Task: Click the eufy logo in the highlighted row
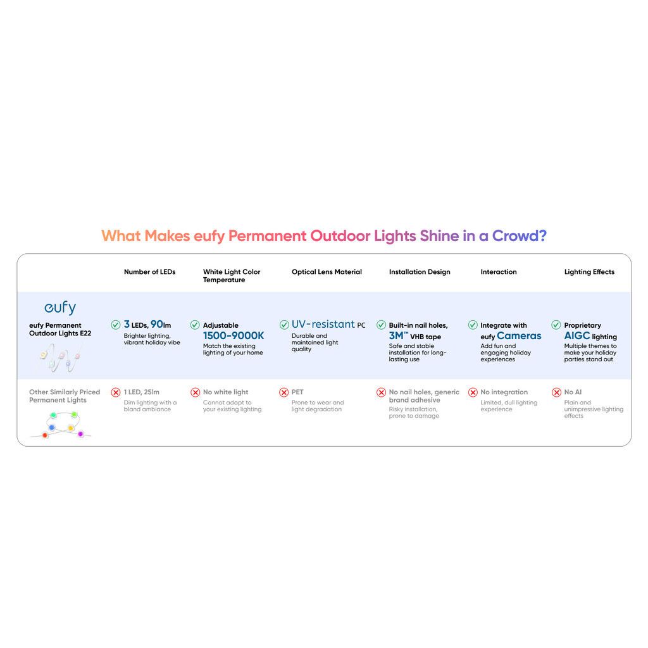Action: pyautogui.click(x=60, y=308)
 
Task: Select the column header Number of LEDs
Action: pyautogui.click(x=149, y=271)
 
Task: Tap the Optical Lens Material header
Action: pyautogui.click(x=327, y=271)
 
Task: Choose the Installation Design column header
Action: pyautogui.click(x=420, y=272)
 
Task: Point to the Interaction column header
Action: pyautogui.click(x=499, y=271)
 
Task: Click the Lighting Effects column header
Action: pyautogui.click(x=589, y=272)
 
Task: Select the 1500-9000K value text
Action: pyautogui.click(x=234, y=335)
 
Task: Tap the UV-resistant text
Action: pyautogui.click(x=323, y=324)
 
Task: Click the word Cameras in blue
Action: pyautogui.click(x=519, y=335)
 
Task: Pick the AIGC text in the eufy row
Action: pyautogui.click(x=577, y=335)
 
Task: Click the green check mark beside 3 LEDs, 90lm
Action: pyautogui.click(x=116, y=325)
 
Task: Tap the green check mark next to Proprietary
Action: pyautogui.click(x=556, y=325)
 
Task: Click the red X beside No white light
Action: pyautogui.click(x=195, y=392)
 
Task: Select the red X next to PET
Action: pyautogui.click(x=284, y=392)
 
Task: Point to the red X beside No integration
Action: pyautogui.click(x=473, y=392)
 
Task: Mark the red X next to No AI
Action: pyautogui.click(x=556, y=392)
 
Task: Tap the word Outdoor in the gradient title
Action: pyautogui.click(x=340, y=235)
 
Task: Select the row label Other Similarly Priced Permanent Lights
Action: pyautogui.click(x=65, y=396)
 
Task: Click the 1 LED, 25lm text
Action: pyautogui.click(x=141, y=392)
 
